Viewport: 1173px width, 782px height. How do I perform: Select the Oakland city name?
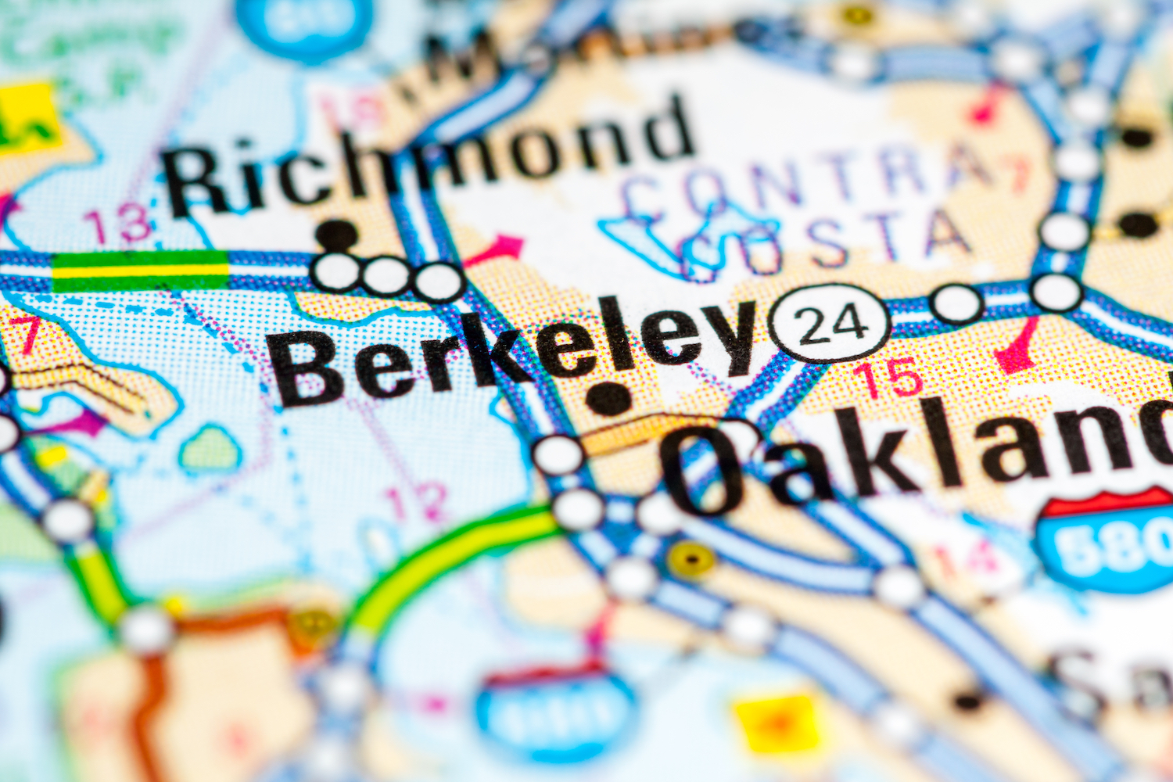[915, 457]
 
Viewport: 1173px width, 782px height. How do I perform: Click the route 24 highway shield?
[830, 323]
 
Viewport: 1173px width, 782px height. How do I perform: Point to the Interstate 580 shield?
[1107, 540]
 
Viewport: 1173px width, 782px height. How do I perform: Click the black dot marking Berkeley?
[609, 399]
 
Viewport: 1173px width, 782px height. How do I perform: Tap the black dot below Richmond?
[337, 233]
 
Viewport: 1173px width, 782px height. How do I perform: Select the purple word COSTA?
[829, 242]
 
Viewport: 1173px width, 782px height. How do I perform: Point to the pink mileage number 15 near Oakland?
[891, 377]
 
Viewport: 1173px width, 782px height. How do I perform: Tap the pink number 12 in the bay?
[418, 500]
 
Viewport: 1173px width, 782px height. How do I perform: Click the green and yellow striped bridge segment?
[141, 270]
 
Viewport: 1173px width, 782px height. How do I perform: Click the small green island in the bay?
[210, 450]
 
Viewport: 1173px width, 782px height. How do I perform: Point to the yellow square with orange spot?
[778, 723]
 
